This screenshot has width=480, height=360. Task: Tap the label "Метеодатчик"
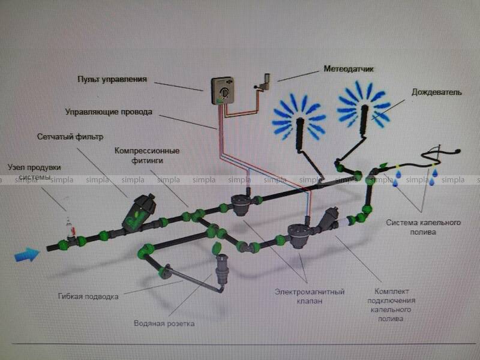click(x=349, y=70)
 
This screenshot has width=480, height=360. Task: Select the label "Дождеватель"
click(x=436, y=93)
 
